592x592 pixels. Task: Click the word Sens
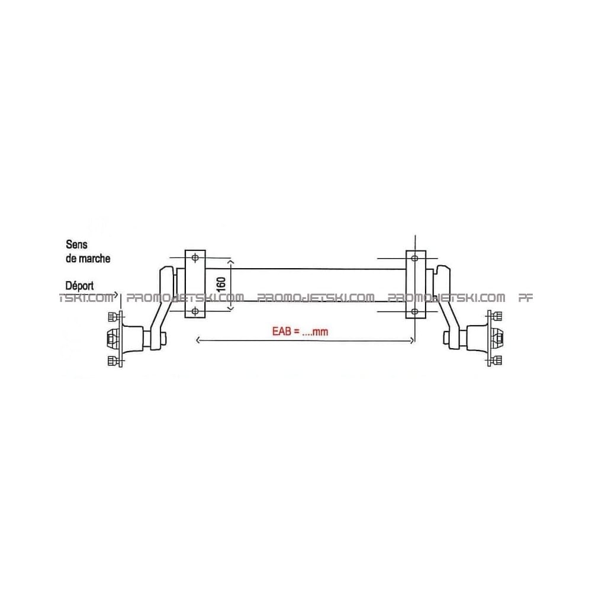click(x=77, y=243)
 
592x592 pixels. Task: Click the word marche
click(x=95, y=258)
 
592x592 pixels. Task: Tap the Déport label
click(x=80, y=285)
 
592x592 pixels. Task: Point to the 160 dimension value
click(x=221, y=285)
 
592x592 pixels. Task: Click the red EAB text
click(x=296, y=332)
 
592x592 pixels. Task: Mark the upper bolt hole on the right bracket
click(x=414, y=258)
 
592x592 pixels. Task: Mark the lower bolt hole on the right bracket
click(x=414, y=310)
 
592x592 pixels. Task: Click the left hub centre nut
click(x=110, y=338)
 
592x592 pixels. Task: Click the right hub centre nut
click(x=499, y=338)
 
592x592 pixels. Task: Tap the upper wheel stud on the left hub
click(x=112, y=316)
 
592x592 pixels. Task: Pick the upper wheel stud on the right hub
click(x=498, y=316)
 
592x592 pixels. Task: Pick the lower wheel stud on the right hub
click(x=498, y=360)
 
